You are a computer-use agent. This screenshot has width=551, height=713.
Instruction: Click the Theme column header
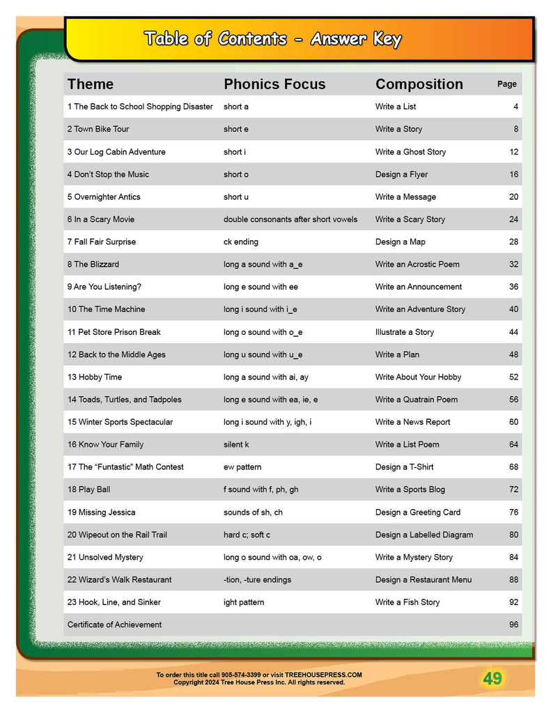pyautogui.click(x=90, y=84)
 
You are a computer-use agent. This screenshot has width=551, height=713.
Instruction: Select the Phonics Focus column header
pyautogui.click(x=274, y=84)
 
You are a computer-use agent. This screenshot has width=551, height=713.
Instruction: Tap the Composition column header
pyautogui.click(x=419, y=84)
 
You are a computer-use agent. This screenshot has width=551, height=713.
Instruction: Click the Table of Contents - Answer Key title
pyautogui.click(x=272, y=39)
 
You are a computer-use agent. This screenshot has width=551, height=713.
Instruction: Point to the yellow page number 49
pyautogui.click(x=492, y=678)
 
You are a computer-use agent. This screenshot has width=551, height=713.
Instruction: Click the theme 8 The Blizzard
pyautogui.click(x=93, y=265)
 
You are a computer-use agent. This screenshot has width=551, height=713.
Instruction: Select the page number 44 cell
pyautogui.click(x=513, y=332)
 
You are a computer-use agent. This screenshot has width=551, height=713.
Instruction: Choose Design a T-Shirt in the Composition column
pyautogui.click(x=404, y=467)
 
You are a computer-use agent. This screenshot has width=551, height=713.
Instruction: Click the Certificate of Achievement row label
pyautogui.click(x=114, y=625)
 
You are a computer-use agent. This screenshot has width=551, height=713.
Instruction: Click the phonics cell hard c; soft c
pyautogui.click(x=247, y=535)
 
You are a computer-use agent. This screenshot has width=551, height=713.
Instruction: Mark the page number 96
pyautogui.click(x=513, y=625)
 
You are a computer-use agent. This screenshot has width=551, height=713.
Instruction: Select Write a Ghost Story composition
pyautogui.click(x=410, y=152)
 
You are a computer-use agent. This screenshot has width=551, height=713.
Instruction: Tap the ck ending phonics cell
pyautogui.click(x=240, y=242)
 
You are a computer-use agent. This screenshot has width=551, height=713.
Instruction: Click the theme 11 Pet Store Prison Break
pyautogui.click(x=114, y=332)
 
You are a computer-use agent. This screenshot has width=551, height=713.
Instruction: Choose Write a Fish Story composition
pyautogui.click(x=407, y=602)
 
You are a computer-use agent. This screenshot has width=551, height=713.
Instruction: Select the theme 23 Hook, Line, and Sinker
pyautogui.click(x=114, y=602)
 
